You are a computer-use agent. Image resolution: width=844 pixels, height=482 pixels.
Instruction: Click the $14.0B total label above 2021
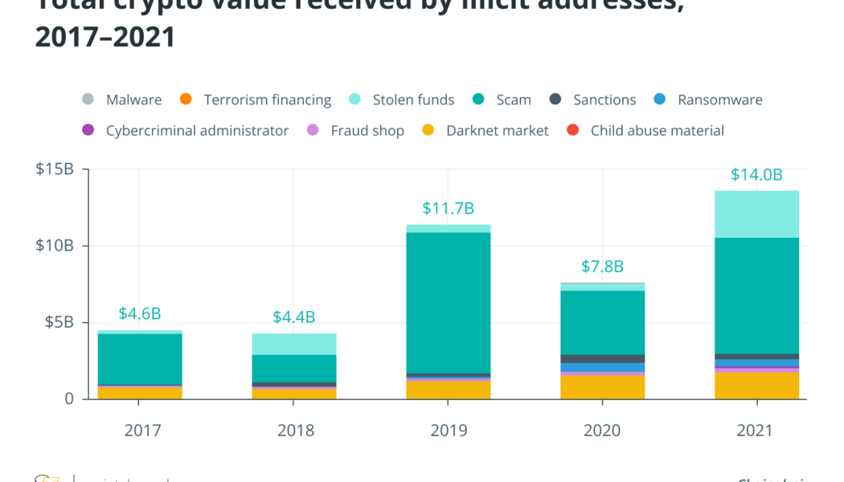point(756,174)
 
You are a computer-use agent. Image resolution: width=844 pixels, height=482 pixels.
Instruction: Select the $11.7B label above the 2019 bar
point(448,209)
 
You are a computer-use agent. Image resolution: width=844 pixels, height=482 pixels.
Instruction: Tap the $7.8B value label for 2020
point(602,267)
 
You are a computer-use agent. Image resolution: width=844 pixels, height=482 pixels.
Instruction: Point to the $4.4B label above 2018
point(293,317)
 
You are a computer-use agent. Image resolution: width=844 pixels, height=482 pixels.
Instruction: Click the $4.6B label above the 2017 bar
point(139,313)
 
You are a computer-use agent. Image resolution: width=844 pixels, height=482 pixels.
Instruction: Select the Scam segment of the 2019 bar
point(448,302)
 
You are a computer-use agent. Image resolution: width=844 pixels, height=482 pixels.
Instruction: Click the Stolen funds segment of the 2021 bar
point(756,214)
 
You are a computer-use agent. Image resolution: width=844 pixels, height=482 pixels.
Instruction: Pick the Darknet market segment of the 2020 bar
point(602,387)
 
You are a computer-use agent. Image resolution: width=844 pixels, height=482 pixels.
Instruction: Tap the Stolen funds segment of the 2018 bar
point(293,344)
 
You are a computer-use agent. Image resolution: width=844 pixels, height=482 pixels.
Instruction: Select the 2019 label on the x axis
point(448,431)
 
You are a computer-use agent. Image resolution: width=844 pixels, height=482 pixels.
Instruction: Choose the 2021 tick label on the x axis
point(756,431)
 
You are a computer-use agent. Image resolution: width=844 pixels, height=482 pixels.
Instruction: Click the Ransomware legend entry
point(719,100)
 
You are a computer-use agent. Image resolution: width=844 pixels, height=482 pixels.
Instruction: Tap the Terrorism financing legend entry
point(267,100)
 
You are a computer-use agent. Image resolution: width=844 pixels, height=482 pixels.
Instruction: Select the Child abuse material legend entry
point(657,130)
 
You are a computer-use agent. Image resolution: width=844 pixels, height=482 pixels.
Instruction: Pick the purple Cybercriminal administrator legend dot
point(88,130)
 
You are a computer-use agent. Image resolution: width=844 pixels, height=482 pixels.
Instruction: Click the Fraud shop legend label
point(367,130)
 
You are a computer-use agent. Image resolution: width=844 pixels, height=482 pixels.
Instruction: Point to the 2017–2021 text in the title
point(105,36)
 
